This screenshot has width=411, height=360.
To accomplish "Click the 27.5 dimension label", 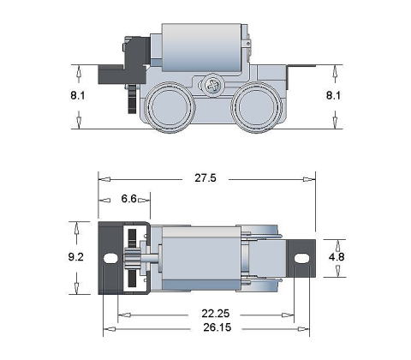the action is (x=205, y=178).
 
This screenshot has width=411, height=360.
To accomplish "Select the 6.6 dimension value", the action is (x=129, y=199).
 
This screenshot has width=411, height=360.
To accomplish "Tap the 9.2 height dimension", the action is (x=76, y=257).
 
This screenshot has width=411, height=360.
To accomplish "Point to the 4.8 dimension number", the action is (x=337, y=257).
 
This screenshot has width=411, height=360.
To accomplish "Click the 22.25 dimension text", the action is (x=216, y=314).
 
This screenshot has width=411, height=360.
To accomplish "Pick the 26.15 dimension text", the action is (x=217, y=327).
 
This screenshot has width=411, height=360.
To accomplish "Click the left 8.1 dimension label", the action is (x=78, y=95).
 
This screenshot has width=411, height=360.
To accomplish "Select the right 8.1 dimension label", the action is (x=333, y=95).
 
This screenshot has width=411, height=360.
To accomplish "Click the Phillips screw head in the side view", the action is (x=213, y=85).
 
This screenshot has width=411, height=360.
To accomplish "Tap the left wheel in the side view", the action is (x=170, y=107).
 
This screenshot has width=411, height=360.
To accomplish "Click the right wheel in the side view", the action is (x=256, y=107).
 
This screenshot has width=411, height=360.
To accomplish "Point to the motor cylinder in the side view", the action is (x=202, y=47).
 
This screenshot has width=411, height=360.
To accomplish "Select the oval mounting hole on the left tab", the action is (x=110, y=258).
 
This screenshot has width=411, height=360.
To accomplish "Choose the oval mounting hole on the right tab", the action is (x=301, y=258).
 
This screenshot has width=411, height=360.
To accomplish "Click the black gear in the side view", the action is (x=132, y=99).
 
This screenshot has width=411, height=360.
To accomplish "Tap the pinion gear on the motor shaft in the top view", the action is (x=132, y=258).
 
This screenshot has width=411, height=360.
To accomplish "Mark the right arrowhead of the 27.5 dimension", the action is (x=307, y=180).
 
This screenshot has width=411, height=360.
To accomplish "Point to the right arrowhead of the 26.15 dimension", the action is (x=302, y=329).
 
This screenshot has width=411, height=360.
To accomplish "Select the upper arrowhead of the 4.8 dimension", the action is (x=337, y=245).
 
